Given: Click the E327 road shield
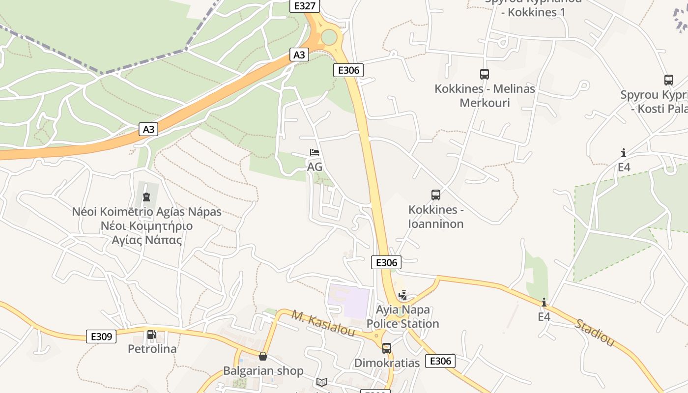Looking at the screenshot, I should tap(305, 6).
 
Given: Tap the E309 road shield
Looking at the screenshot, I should tap(101, 337).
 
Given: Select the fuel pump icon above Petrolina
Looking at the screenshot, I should tap(152, 335).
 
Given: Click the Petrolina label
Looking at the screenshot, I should tap(152, 349).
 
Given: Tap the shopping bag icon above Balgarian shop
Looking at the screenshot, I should tap(263, 356).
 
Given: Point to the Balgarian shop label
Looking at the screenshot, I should tap(263, 371).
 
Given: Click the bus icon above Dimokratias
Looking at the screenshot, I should tap(387, 348).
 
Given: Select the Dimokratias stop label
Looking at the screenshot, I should tap(387, 363).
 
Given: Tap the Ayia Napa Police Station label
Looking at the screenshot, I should tap(402, 317).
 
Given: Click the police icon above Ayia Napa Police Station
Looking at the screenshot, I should tap(403, 295).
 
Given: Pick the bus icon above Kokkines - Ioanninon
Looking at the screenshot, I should tap(435, 195).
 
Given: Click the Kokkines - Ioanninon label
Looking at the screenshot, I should tap(436, 217).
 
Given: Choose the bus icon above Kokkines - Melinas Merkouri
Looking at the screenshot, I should tap(485, 74).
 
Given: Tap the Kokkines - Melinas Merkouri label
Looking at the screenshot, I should tap(485, 96).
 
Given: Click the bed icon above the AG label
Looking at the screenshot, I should tap(315, 152).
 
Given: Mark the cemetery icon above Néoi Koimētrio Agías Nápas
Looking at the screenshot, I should tap(146, 197).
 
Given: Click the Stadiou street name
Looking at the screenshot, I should tap(594, 333).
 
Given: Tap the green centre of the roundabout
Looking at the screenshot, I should tap(329, 37).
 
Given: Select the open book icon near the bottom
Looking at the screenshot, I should tap(322, 382).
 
